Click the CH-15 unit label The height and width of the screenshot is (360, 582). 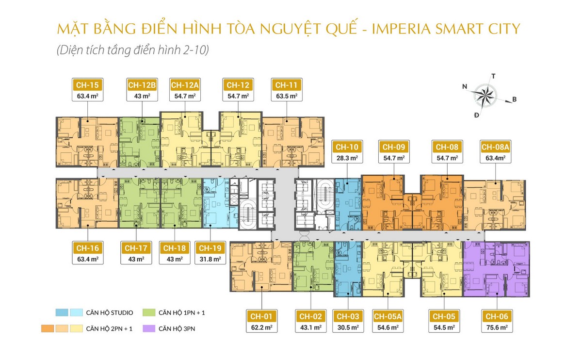pyautogui.click(x=87, y=85)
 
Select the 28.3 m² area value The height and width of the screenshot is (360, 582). pyautogui.click(x=347, y=158)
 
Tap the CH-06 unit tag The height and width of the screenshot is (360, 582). pyautogui.click(x=497, y=316)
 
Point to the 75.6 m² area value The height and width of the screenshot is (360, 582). pyautogui.click(x=497, y=327)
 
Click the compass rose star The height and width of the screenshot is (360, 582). pyautogui.click(x=485, y=96)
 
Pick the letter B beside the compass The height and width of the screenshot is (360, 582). pyautogui.click(x=514, y=99)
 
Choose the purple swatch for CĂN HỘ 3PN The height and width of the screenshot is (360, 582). pyautogui.click(x=149, y=328)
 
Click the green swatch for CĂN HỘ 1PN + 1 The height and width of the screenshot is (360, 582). pyautogui.click(x=149, y=312)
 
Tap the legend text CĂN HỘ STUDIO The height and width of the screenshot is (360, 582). pyautogui.click(x=110, y=312)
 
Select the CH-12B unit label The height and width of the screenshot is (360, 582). pyautogui.click(x=142, y=85)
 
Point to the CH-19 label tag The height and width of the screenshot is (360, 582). pyautogui.click(x=210, y=248)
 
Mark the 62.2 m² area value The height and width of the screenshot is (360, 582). pyautogui.click(x=261, y=327)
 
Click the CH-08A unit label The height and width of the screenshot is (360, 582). pyautogui.click(x=495, y=147)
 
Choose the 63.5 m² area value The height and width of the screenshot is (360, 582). pyautogui.click(x=287, y=96)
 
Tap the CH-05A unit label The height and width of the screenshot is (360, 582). pyautogui.click(x=388, y=316)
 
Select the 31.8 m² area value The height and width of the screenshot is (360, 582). pyautogui.click(x=210, y=260)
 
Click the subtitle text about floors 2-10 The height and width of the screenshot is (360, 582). pyautogui.click(x=133, y=50)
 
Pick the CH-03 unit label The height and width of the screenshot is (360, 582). pyautogui.click(x=348, y=316)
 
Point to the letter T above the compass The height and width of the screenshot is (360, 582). pyautogui.click(x=493, y=76)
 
